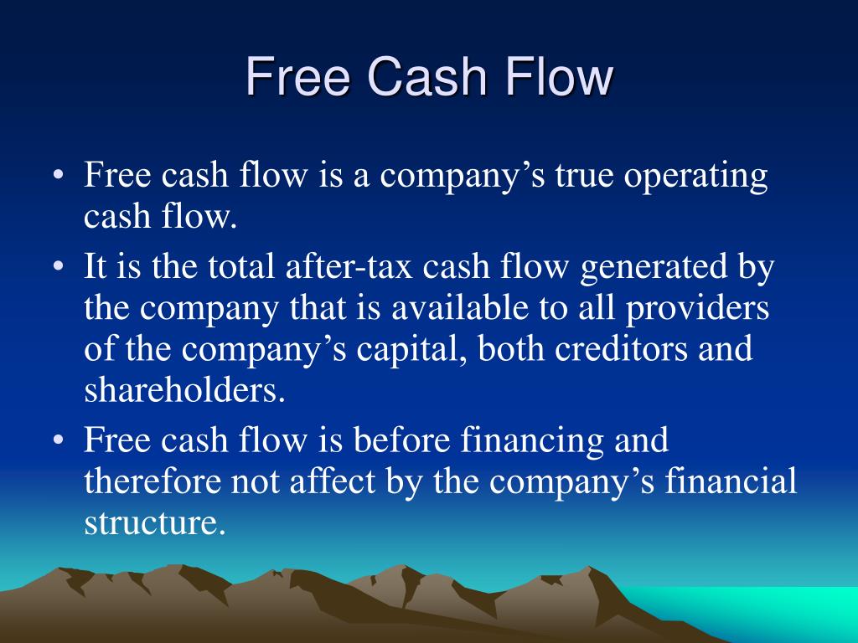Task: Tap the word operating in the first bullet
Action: click(696, 177)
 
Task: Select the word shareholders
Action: click(184, 390)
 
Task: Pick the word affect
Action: click(332, 481)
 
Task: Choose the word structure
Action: click(155, 523)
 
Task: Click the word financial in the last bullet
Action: click(731, 481)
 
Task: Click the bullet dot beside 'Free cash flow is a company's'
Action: click(59, 176)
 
